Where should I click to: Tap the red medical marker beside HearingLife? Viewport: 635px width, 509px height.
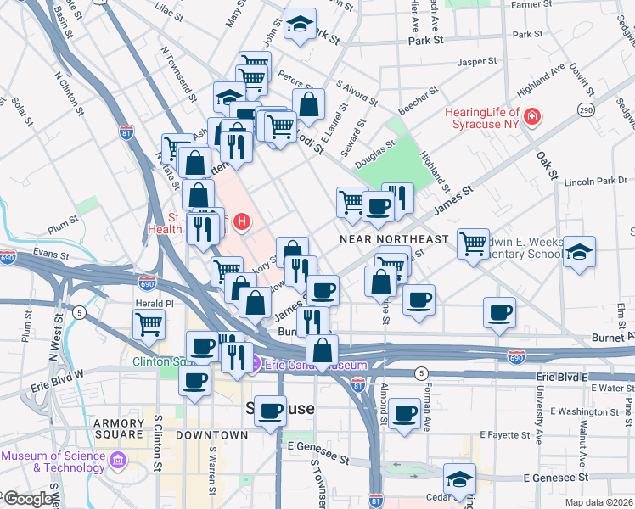(532, 116)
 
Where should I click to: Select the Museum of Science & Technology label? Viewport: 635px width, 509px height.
(53, 461)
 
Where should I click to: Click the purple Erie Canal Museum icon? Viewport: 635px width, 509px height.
(256, 365)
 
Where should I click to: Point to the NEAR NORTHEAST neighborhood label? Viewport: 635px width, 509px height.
(393, 239)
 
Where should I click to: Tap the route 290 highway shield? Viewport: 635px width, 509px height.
(585, 110)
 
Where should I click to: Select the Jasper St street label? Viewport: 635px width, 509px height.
(476, 62)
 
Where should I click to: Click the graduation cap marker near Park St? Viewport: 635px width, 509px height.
(300, 25)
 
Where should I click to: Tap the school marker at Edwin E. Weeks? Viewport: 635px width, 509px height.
(579, 252)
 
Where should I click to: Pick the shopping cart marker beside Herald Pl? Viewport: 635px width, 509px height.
(149, 323)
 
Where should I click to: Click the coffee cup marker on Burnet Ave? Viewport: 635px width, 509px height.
(499, 313)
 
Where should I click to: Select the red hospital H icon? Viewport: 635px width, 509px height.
(242, 222)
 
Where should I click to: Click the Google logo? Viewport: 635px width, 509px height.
(27, 499)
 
